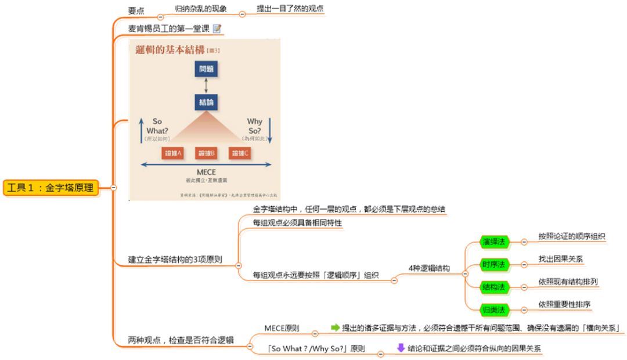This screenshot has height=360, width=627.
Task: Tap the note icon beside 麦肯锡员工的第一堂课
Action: point(217,28)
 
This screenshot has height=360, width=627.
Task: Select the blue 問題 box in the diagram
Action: point(206,69)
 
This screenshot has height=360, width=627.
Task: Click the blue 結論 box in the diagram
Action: point(206,103)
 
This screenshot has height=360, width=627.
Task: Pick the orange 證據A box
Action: point(172,153)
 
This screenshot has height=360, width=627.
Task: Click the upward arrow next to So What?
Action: point(140,130)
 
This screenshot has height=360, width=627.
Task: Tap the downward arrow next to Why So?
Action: point(271,130)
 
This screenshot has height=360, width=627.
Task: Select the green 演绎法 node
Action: point(493,241)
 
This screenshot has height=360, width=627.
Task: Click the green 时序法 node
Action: point(493,264)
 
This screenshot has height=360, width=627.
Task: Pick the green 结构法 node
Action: point(493,287)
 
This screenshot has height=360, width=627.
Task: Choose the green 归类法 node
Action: point(493,308)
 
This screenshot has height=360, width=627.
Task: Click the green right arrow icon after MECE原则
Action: point(335,327)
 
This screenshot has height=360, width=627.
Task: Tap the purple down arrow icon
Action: point(401,348)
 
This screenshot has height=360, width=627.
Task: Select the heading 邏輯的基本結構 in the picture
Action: point(168,50)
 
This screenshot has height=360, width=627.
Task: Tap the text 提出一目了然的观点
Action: point(290,9)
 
